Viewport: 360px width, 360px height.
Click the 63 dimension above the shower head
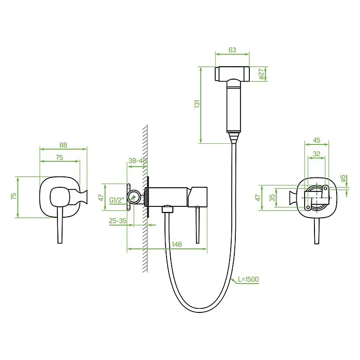(x=232, y=50)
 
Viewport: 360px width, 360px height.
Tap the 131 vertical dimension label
(x=197, y=104)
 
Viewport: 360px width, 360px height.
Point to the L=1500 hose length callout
(x=248, y=279)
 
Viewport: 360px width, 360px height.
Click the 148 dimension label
(x=177, y=244)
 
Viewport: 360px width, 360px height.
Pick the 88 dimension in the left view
(x=63, y=145)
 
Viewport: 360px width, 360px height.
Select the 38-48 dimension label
(x=137, y=161)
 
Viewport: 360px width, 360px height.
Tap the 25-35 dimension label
(x=117, y=221)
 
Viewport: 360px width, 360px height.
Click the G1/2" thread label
(x=116, y=200)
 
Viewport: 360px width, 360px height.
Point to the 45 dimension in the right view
(x=317, y=140)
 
